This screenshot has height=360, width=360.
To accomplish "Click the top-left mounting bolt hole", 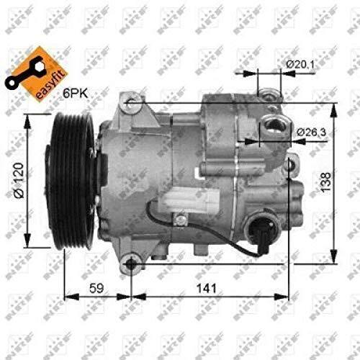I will (x=130, y=103).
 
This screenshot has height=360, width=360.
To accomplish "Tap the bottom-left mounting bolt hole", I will (x=130, y=264).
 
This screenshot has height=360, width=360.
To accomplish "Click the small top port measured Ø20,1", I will (x=267, y=93).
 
